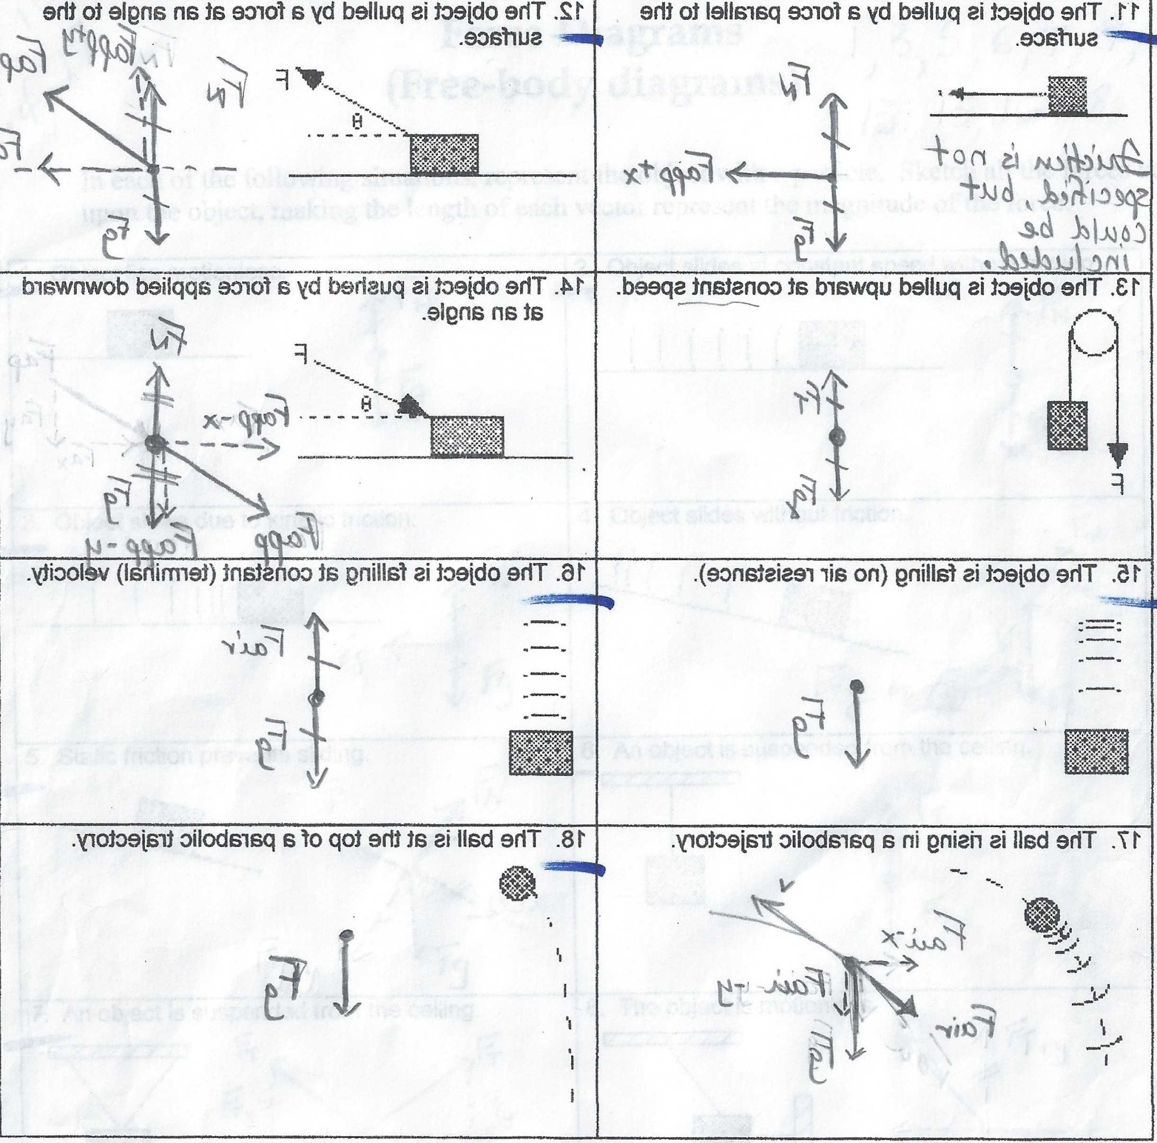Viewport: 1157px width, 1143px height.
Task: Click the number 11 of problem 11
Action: (1139, 11)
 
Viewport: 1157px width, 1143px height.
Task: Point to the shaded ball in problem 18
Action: (518, 883)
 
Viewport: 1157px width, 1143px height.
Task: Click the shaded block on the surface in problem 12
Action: (444, 154)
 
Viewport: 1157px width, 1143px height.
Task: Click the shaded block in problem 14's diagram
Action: (467, 437)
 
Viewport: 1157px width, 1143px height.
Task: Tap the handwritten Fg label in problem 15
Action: (810, 718)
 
